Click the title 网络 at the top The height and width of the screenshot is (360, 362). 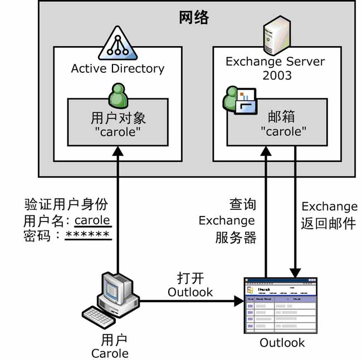(193, 18)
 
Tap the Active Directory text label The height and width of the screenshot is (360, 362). (118, 68)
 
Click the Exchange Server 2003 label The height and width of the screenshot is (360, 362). (275, 68)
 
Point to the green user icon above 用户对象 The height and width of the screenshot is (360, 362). (118, 95)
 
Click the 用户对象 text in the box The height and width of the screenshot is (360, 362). (118, 119)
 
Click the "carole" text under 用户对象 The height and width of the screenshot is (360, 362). (118, 133)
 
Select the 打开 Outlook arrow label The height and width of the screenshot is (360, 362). (190, 284)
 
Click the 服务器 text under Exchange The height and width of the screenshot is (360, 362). (236, 238)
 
